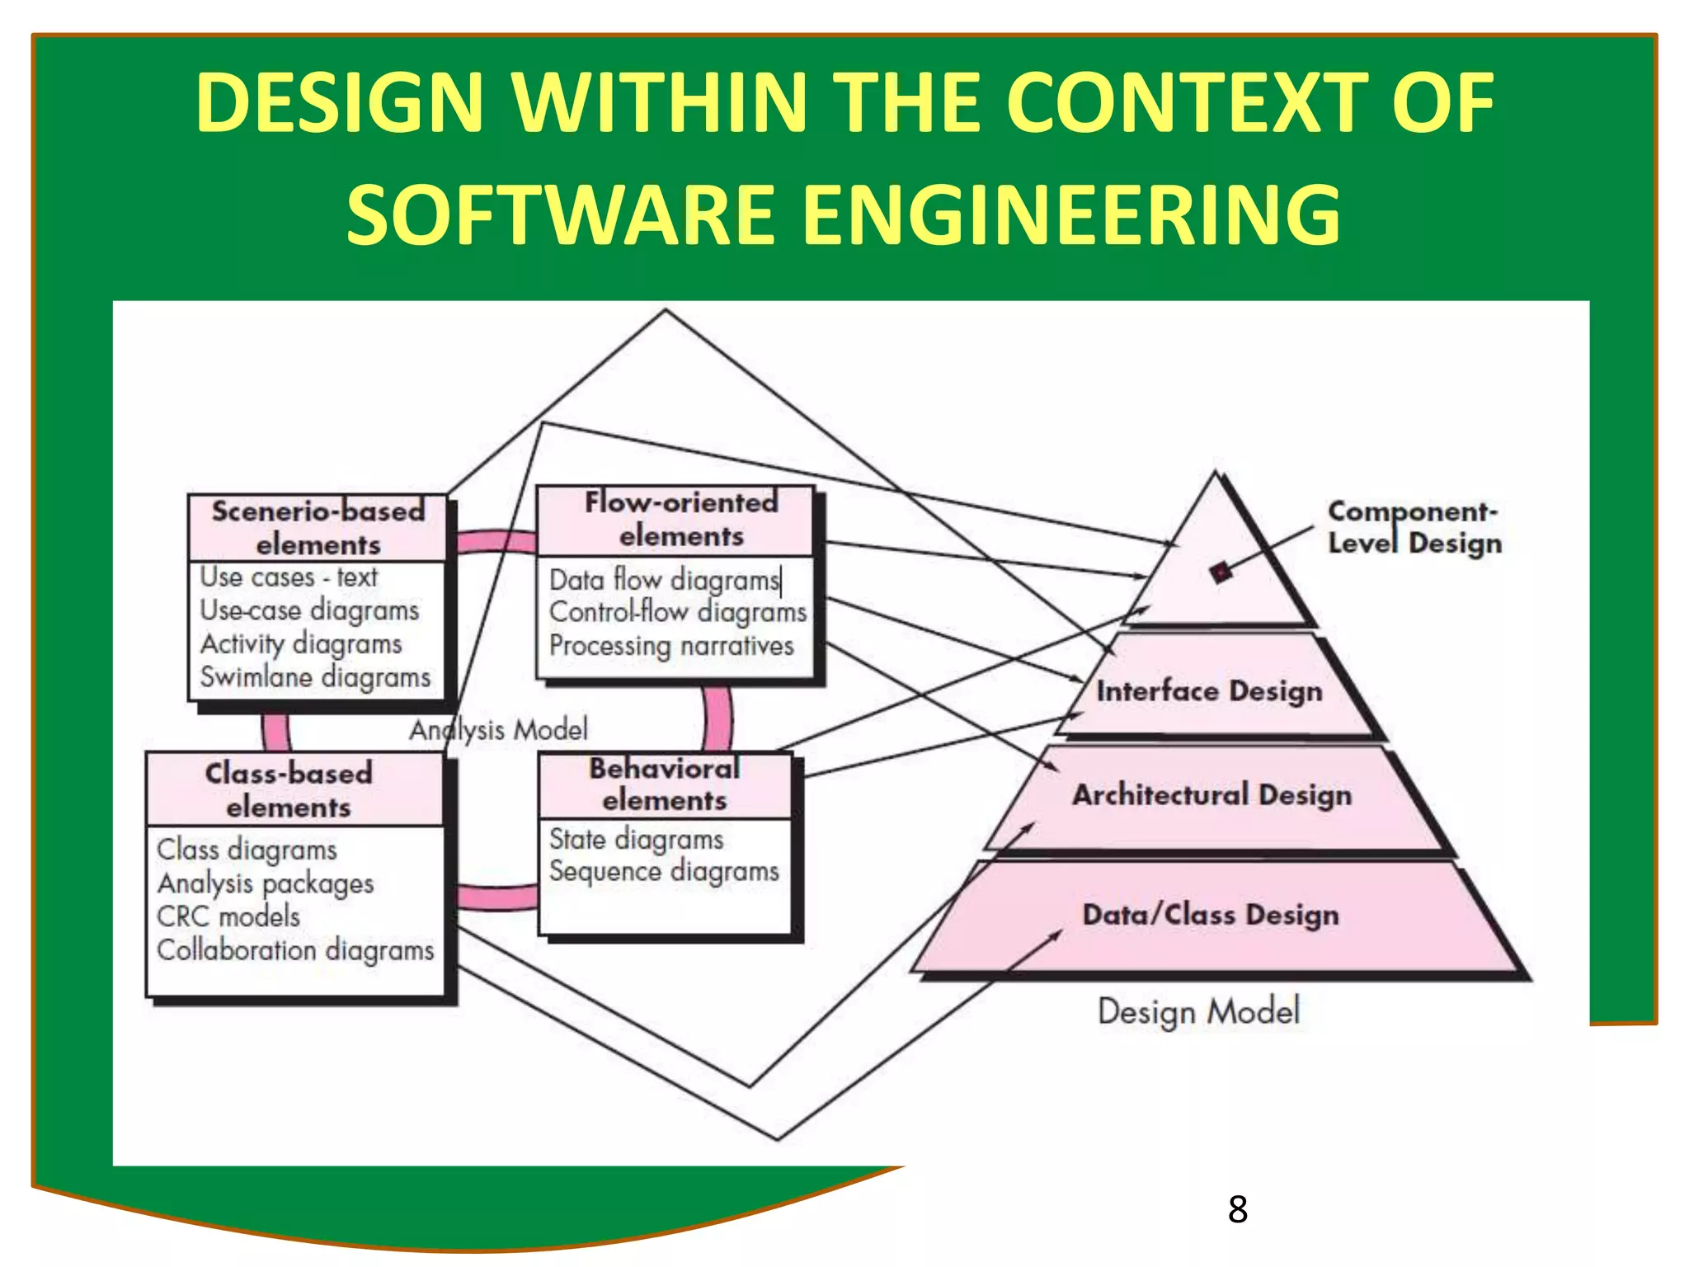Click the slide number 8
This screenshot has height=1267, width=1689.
(x=1237, y=1209)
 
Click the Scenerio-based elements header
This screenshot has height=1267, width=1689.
(x=318, y=528)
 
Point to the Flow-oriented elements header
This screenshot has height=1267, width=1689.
(x=681, y=520)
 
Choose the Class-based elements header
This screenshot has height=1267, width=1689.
(x=289, y=790)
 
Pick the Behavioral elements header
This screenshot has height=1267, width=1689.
(x=665, y=784)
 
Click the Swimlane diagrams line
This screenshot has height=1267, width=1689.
(x=315, y=677)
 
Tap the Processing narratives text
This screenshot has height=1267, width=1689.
(x=671, y=646)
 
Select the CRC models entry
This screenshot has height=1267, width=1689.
(x=228, y=916)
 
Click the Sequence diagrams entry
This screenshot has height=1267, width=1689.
(x=664, y=872)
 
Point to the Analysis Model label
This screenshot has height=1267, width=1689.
(x=499, y=730)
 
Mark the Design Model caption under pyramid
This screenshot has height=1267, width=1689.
(x=1198, y=1011)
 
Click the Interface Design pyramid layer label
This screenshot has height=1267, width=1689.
(x=1209, y=690)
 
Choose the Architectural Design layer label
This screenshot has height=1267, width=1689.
(x=1211, y=794)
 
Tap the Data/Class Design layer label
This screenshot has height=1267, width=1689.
(x=1210, y=915)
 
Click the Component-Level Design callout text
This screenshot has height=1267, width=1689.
(x=1414, y=528)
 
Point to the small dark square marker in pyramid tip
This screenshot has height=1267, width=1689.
(x=1221, y=572)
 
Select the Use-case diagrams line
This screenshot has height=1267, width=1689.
(x=309, y=610)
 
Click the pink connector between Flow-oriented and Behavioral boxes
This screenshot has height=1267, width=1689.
(x=717, y=715)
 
